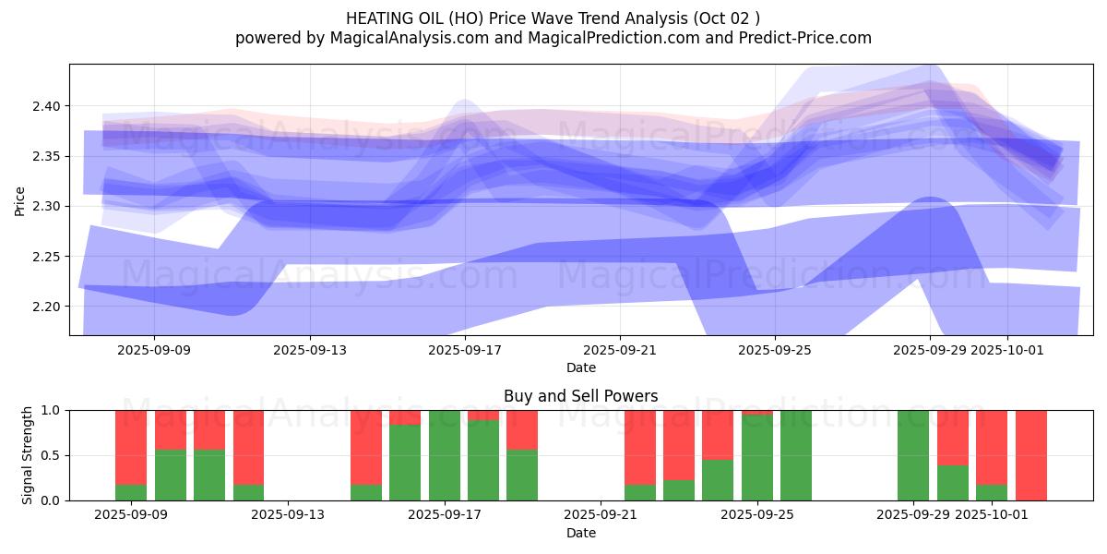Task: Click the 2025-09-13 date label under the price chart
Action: click(x=309, y=350)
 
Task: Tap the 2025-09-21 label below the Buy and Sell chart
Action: click(x=601, y=514)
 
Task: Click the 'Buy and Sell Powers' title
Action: click(x=580, y=396)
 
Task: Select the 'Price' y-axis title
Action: click(x=20, y=200)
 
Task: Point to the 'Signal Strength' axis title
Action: click(x=28, y=455)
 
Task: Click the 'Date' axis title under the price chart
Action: click(x=580, y=367)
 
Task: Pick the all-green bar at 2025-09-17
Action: click(x=445, y=455)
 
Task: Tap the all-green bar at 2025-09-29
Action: click(x=913, y=455)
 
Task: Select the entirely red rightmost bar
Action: click(x=1030, y=455)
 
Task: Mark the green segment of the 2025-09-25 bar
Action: click(x=756, y=458)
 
